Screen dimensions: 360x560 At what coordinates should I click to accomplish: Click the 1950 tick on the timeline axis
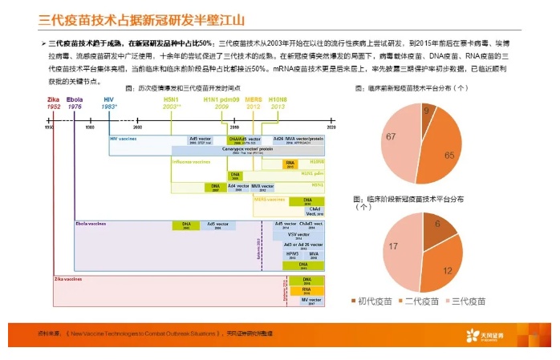(48, 127)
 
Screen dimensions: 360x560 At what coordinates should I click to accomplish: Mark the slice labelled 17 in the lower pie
(396, 245)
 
